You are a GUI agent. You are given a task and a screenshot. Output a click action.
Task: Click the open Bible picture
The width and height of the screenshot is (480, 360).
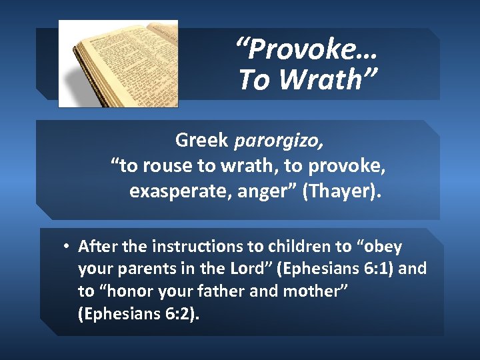pos(118,63)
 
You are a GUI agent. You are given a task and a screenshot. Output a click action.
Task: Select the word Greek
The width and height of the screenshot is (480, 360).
pos(202,140)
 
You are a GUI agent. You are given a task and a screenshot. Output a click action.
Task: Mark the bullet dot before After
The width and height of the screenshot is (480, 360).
pos(67,247)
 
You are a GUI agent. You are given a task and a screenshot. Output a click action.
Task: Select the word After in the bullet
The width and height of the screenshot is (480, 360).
pos(98,247)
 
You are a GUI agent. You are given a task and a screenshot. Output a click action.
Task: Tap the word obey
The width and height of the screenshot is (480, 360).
pos(379,247)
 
